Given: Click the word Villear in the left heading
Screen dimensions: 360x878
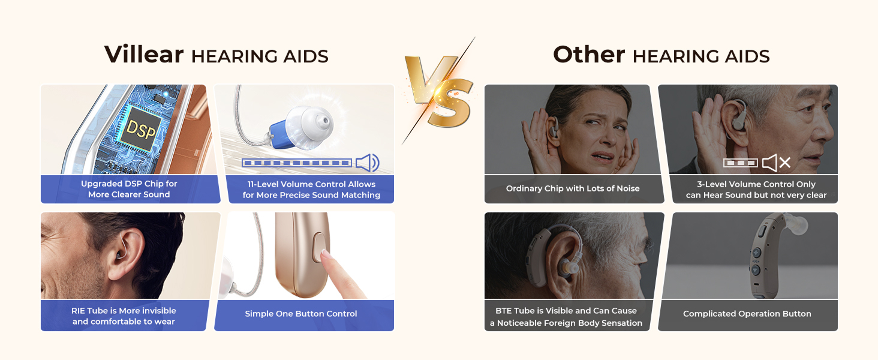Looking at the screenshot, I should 144,55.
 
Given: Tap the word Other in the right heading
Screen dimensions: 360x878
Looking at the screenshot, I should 588,55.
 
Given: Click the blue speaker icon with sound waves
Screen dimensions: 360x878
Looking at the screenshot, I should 367,163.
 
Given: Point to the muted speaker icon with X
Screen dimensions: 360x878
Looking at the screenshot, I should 775,163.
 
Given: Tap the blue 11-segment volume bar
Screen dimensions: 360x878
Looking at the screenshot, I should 296,163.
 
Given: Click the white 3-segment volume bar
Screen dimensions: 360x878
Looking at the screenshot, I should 740,163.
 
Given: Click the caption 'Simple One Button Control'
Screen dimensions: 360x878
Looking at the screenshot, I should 301,314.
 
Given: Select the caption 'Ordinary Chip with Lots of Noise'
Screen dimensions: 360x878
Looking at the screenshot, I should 573,188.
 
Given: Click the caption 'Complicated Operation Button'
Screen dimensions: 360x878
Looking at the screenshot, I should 747,314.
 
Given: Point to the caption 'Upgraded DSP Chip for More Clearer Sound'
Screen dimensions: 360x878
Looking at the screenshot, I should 129,189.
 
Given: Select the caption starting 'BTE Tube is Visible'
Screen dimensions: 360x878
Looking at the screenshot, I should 566,317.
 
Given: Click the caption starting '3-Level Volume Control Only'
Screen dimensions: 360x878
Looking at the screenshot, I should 756,190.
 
